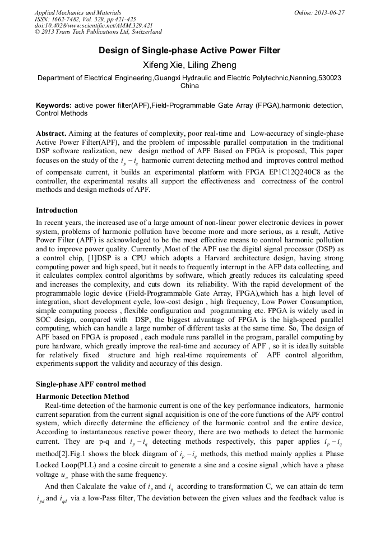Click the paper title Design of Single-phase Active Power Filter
(189, 51)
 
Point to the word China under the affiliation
(189, 86)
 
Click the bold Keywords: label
(54, 105)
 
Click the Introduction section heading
(57, 210)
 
